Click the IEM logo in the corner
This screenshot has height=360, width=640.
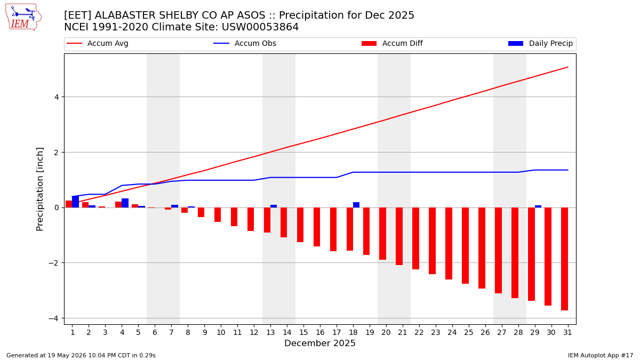coord(23,18)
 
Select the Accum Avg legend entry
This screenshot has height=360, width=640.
coord(98,43)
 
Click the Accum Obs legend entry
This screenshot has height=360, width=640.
coord(245,43)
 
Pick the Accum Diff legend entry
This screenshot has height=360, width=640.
coord(392,43)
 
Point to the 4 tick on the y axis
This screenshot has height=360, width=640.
coord(57,97)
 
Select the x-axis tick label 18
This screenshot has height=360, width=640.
coord(353,333)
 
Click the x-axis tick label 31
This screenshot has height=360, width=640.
coord(567,333)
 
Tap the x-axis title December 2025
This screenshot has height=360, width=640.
coord(320,343)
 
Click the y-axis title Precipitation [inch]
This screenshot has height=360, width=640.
coord(39,189)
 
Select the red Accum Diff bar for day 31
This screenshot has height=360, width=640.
coord(564,259)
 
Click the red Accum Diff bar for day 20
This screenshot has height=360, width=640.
coord(382,234)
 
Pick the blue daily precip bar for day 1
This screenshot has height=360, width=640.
coord(75,202)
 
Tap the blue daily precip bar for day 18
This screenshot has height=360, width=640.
coord(356,205)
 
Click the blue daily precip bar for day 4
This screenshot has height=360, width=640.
coord(125,203)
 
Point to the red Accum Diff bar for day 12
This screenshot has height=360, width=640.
coord(251,219)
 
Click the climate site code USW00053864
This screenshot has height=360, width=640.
coord(260,27)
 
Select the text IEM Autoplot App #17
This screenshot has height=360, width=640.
coord(601,355)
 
